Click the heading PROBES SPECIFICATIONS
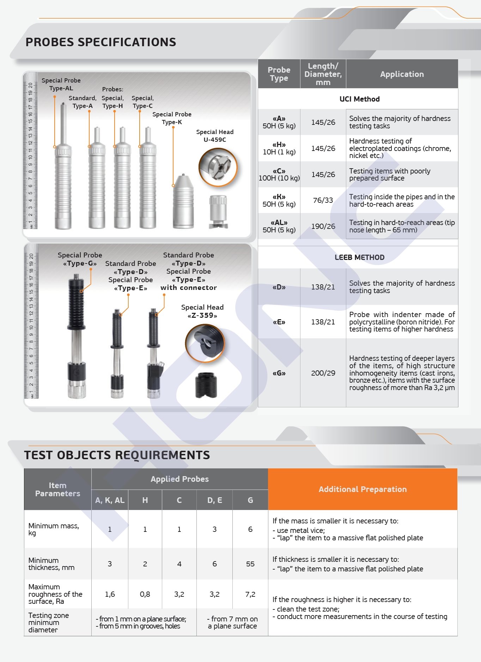click(101, 42)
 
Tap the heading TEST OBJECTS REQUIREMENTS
click(117, 455)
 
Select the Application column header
click(402, 74)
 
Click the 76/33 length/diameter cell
click(323, 200)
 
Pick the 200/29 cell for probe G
click(323, 373)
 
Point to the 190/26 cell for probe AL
click(323, 226)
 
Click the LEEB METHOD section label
click(359, 257)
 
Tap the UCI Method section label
click(359, 99)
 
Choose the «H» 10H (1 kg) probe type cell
click(279, 148)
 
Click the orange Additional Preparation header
click(363, 489)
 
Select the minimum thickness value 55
click(250, 564)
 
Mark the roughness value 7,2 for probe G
click(250, 594)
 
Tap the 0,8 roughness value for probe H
click(145, 594)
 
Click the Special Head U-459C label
click(215, 136)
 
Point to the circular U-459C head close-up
click(218, 167)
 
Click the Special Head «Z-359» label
click(202, 311)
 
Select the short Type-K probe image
click(183, 203)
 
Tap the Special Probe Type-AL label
click(61, 84)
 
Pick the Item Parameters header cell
click(57, 490)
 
